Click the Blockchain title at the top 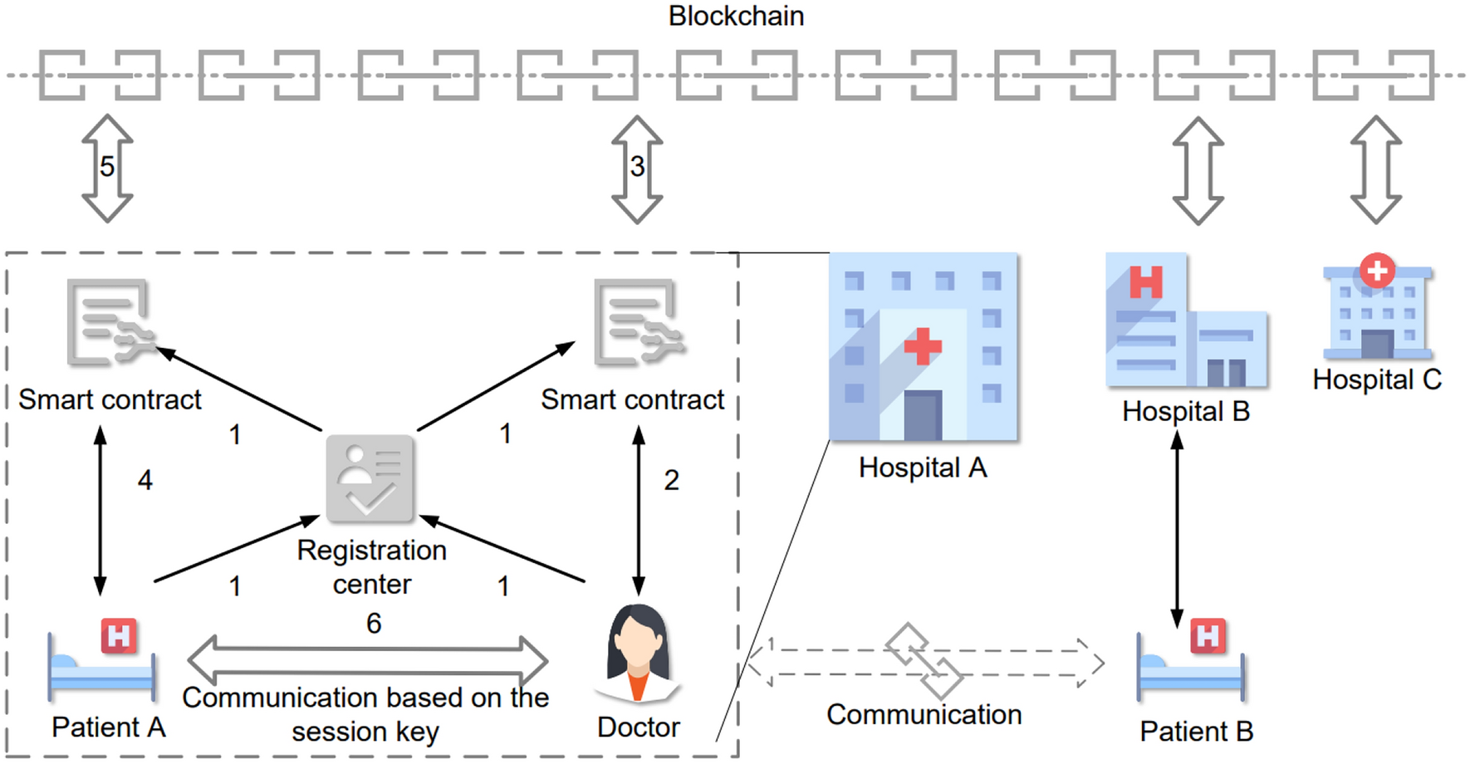coord(736,16)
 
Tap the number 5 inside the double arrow coord(107,167)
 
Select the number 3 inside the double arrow coord(637,167)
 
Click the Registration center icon coord(370,479)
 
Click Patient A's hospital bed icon coord(102,660)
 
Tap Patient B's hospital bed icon coord(1191,660)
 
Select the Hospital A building coord(923,347)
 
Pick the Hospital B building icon coord(1185,321)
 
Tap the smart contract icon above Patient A coord(110,323)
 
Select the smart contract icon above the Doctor coord(638,323)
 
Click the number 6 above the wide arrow coord(374,623)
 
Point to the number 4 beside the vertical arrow coord(145,480)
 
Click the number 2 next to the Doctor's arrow coord(671,480)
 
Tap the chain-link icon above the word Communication coord(924,661)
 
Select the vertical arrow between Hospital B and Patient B coord(1177,531)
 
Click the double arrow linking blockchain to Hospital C coord(1376,170)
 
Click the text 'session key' coord(365,732)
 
